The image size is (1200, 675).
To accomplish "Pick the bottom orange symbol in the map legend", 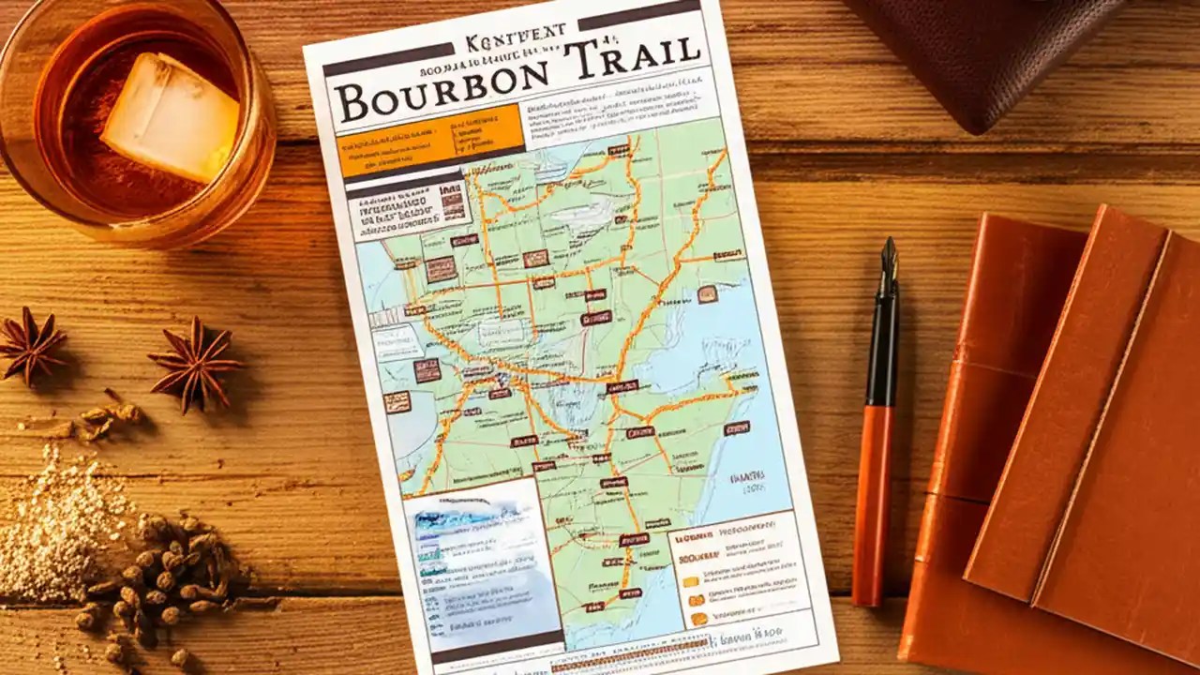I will pos(699,619).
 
